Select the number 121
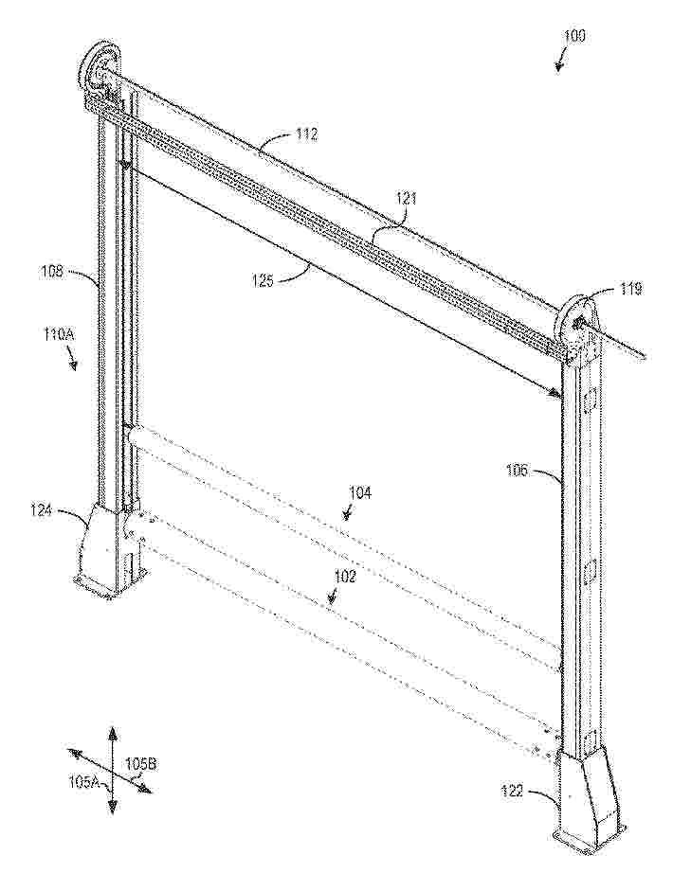click(406, 200)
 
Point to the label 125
click(262, 281)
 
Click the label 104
click(360, 492)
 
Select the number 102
click(344, 577)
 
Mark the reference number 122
click(512, 791)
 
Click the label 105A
click(84, 782)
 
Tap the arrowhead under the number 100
click(558, 65)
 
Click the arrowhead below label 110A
click(72, 365)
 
